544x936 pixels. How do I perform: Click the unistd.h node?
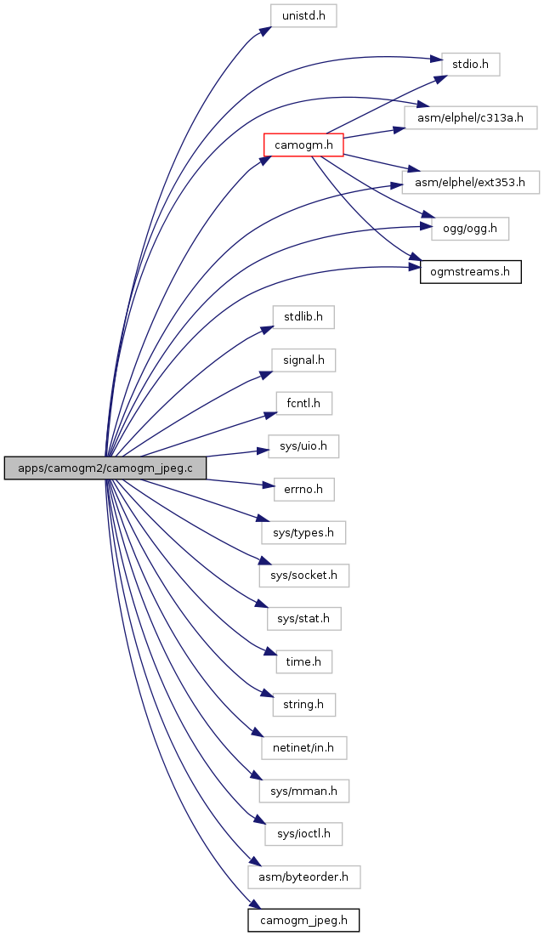303,15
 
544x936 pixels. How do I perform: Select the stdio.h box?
471,65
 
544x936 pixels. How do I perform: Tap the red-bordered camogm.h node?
303,145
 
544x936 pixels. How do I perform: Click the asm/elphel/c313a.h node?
470,117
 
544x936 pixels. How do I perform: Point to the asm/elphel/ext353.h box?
471,182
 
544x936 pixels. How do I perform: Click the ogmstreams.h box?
471,272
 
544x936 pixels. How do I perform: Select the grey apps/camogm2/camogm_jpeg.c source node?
105,468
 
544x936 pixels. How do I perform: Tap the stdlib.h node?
303,316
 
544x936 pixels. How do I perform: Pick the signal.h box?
303,360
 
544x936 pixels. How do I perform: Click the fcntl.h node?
303,404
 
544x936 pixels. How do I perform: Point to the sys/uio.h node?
303,446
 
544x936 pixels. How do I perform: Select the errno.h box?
303,490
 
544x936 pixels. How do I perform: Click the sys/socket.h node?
304,576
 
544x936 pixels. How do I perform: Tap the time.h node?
303,661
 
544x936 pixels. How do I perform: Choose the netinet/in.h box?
304,747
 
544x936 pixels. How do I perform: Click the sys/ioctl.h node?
304,833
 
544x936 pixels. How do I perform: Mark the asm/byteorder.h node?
304,876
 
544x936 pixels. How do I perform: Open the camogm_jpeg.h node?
304,921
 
